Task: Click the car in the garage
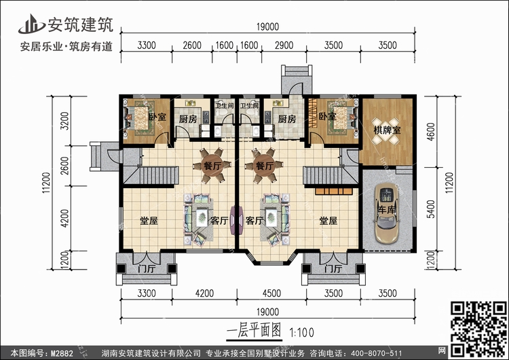(x=386, y=213)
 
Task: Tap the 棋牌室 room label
(x=387, y=130)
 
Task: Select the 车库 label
(x=387, y=210)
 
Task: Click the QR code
(x=478, y=329)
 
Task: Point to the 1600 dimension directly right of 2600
(x=225, y=45)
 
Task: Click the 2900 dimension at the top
(x=284, y=45)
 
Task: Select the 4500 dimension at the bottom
(x=271, y=293)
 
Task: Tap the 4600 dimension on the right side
(x=430, y=132)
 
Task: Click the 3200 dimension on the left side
(x=65, y=121)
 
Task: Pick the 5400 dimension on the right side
(x=430, y=209)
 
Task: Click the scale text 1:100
(x=301, y=333)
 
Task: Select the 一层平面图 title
(x=254, y=331)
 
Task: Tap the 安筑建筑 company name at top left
(x=81, y=25)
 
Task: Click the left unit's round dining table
(x=212, y=165)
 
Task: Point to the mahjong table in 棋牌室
(x=385, y=130)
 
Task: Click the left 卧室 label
(x=157, y=117)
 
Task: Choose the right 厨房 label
(x=287, y=119)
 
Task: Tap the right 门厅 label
(x=333, y=269)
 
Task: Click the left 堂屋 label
(x=149, y=221)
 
